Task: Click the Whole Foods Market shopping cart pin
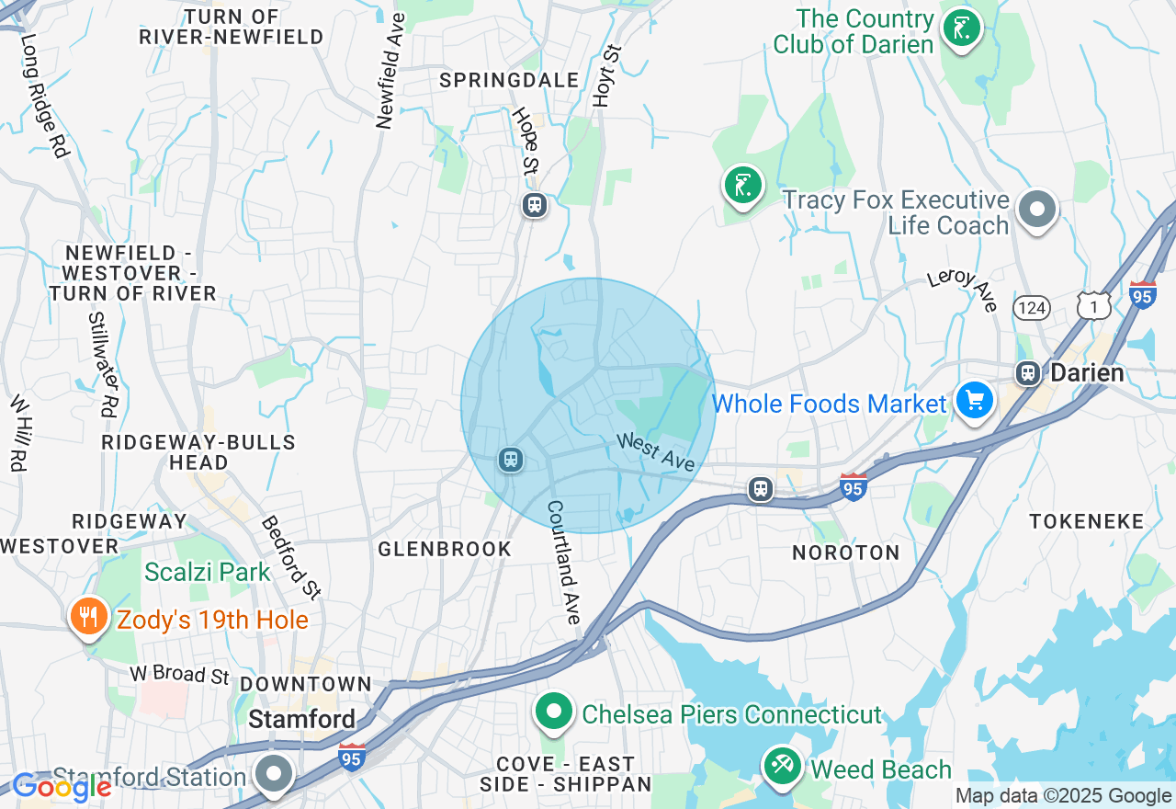[975, 401]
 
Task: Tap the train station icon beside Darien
[1027, 373]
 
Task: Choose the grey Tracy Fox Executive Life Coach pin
[1037, 209]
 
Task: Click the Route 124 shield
[1032, 308]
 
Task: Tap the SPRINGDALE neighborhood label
[509, 80]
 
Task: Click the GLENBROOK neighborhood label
[445, 549]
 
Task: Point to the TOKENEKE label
[1087, 521]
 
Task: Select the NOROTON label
[846, 553]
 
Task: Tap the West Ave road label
[655, 452]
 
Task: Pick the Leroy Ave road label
[963, 290]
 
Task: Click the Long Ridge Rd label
[45, 96]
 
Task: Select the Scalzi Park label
[208, 572]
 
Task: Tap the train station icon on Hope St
[534, 204]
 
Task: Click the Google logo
[62, 787]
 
